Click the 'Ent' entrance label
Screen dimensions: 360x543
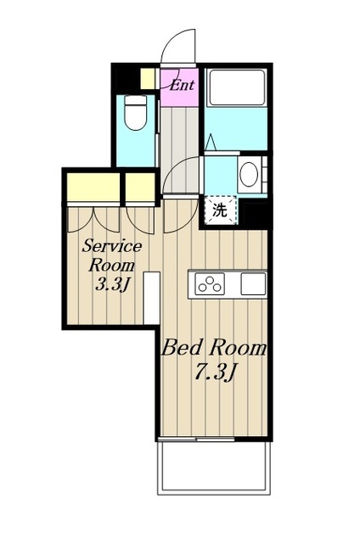(x=183, y=85)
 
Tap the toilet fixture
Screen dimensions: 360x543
(x=136, y=112)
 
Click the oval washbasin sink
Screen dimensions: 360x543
(x=249, y=174)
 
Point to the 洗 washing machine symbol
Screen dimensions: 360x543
(x=220, y=210)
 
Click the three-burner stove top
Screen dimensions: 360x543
(x=210, y=283)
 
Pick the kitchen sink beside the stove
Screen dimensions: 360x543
(x=253, y=283)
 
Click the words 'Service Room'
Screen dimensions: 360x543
(x=112, y=255)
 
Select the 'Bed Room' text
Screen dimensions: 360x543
(x=214, y=348)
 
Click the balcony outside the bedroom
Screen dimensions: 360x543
(x=214, y=468)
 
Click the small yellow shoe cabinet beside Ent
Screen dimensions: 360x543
(x=148, y=79)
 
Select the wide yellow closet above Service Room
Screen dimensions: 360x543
(x=93, y=187)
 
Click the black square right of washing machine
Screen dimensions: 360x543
(x=256, y=214)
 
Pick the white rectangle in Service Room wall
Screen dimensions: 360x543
(x=151, y=298)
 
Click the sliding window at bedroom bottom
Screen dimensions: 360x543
(x=196, y=439)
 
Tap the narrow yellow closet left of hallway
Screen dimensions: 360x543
(x=140, y=187)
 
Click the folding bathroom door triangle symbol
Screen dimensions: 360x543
(x=211, y=143)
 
